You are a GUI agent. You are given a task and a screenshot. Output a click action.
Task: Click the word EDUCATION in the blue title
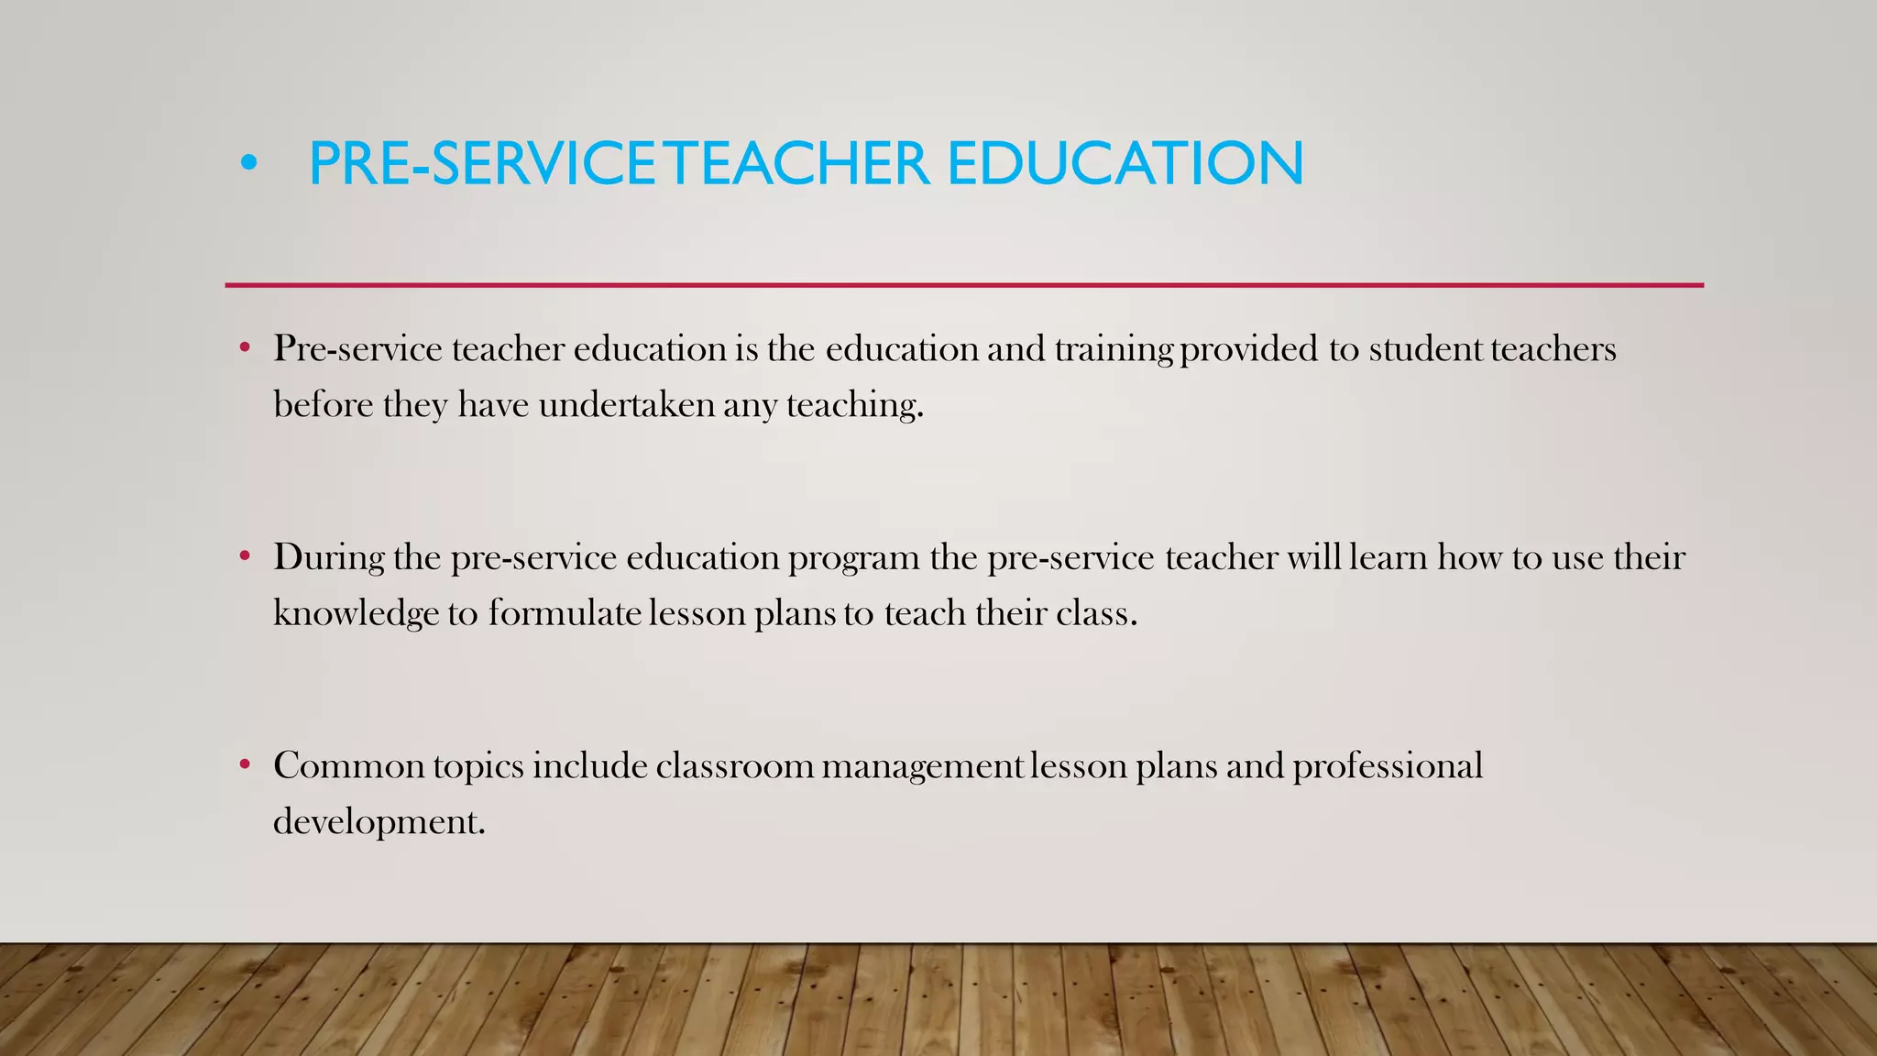1125,164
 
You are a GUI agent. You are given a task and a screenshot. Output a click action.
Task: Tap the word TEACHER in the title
796,164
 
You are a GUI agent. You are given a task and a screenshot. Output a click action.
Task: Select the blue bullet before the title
248,164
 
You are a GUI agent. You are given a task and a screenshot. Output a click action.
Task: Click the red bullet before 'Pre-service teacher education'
245,348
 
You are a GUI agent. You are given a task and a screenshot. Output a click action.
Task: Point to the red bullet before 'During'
245,556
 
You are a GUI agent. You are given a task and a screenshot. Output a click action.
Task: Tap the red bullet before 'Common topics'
245,764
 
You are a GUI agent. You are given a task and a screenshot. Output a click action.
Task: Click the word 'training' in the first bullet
1114,350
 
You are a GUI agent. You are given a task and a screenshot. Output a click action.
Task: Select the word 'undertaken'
626,405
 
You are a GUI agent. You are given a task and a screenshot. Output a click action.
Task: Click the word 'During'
328,557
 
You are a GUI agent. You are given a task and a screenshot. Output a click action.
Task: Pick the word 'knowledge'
356,613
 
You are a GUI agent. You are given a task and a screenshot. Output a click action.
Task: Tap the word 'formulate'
564,612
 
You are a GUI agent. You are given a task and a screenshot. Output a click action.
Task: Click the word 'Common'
348,766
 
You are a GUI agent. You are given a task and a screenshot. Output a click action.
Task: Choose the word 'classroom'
734,766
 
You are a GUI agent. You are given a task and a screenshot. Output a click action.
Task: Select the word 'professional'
1387,766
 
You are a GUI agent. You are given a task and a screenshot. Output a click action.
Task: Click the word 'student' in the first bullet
1425,349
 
